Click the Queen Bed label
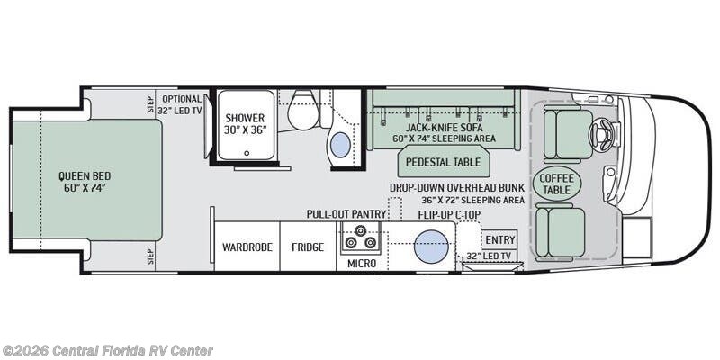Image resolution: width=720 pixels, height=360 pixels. pyautogui.click(x=85, y=182)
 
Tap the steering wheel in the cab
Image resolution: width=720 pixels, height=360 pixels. pyautogui.click(x=600, y=133)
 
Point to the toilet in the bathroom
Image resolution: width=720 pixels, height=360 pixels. pyautogui.click(x=302, y=110)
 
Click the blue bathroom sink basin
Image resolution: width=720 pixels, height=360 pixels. pyautogui.click(x=341, y=145)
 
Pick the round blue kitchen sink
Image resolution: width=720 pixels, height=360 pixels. pyautogui.click(x=431, y=247)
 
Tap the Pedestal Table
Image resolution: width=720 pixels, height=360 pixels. pyautogui.click(x=443, y=162)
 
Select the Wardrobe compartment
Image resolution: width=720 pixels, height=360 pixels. pyautogui.click(x=247, y=247)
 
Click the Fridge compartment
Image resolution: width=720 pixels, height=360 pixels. pyautogui.click(x=308, y=247)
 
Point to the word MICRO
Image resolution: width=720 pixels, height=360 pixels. pyautogui.click(x=362, y=264)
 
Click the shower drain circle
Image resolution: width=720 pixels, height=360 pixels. pyautogui.click(x=247, y=153)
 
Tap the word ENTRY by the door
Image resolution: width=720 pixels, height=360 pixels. pyautogui.click(x=500, y=240)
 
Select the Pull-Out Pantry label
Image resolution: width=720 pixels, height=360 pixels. pyautogui.click(x=346, y=214)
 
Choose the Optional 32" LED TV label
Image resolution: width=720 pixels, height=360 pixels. pyautogui.click(x=179, y=104)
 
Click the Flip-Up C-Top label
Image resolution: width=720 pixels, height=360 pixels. pyautogui.click(x=449, y=214)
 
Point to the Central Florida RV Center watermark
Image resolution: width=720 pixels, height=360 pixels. pyautogui.click(x=107, y=351)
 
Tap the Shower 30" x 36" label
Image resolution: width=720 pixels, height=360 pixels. pyautogui.click(x=245, y=124)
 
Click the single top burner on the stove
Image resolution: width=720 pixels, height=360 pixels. pyautogui.click(x=361, y=230)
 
